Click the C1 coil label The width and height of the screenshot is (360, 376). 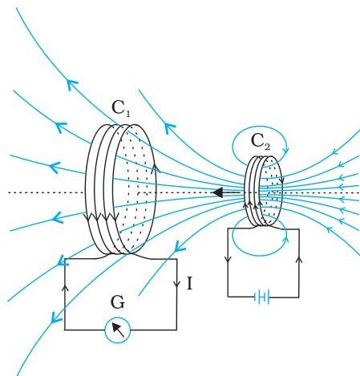coord(121,108)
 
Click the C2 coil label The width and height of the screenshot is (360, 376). coord(261,142)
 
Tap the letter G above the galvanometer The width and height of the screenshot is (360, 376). coord(118,303)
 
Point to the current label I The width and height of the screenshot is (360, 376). coord(189,284)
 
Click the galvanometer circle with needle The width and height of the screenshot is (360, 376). coord(118,330)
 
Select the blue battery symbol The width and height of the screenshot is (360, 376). coord(262,297)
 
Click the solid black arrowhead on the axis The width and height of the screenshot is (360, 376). coord(218,192)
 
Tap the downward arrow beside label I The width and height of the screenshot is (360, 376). coord(176,282)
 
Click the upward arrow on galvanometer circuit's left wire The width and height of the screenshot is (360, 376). coord(65,287)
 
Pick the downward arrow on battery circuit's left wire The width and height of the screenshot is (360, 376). coord(228,259)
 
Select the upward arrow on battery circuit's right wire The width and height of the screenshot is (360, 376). coord(299,259)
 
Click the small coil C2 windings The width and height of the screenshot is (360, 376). coord(263,191)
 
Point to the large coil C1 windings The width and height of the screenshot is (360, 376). coord(120,189)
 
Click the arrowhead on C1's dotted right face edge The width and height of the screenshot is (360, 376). coord(155,168)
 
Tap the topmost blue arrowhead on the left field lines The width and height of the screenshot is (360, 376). coord(71,84)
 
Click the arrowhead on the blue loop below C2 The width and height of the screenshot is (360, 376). coord(285,238)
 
